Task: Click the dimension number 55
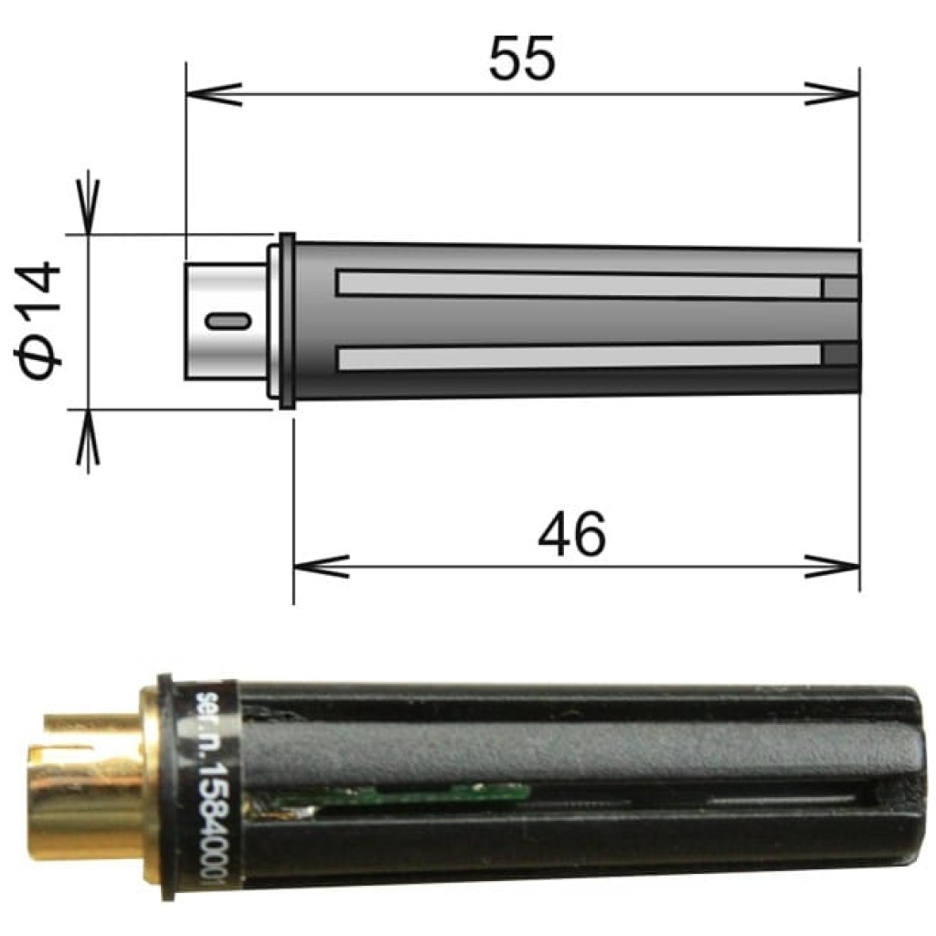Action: (x=521, y=60)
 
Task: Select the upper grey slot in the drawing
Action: (x=578, y=284)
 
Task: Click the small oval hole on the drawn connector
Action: (x=227, y=321)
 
